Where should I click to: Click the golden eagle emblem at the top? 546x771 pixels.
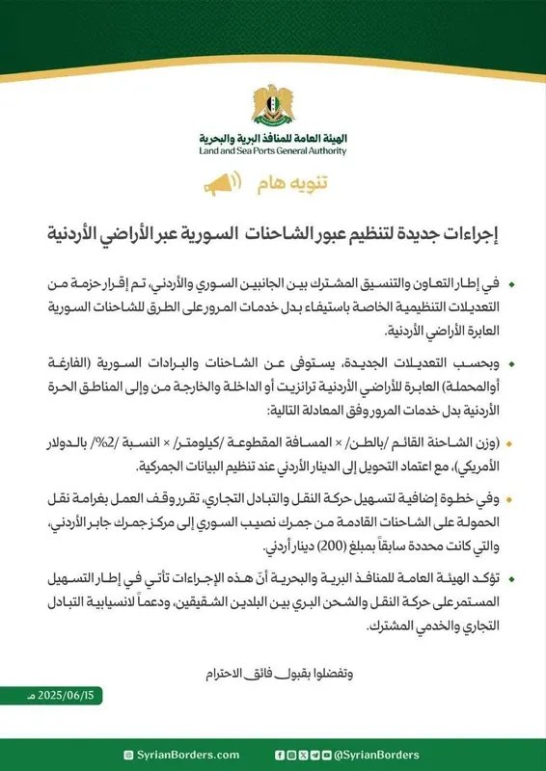click(x=273, y=102)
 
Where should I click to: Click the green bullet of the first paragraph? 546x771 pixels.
click(x=511, y=286)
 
